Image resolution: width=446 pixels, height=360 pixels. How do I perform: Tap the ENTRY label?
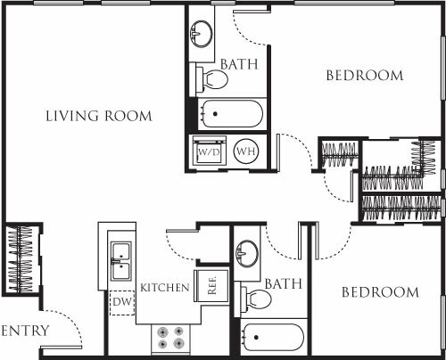pyautogui.click(x=25, y=331)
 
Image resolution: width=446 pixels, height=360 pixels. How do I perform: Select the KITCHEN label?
pyautogui.click(x=164, y=287)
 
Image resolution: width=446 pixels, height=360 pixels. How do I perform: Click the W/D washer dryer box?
pyautogui.click(x=209, y=151)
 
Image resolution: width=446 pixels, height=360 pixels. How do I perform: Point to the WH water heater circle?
pyautogui.click(x=245, y=151)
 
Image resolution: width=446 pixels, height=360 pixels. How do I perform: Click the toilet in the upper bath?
pyautogui.click(x=213, y=80)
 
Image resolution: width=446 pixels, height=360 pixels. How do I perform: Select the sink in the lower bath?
pyautogui.click(x=245, y=253)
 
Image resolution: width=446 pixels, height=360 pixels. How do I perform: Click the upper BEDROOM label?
pyautogui.click(x=364, y=76)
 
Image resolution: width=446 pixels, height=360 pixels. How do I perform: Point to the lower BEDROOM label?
pyautogui.click(x=378, y=292)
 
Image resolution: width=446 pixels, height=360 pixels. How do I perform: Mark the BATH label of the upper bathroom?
pyautogui.click(x=240, y=64)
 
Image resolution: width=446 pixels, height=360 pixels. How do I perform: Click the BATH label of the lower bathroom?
pyautogui.click(x=283, y=283)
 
